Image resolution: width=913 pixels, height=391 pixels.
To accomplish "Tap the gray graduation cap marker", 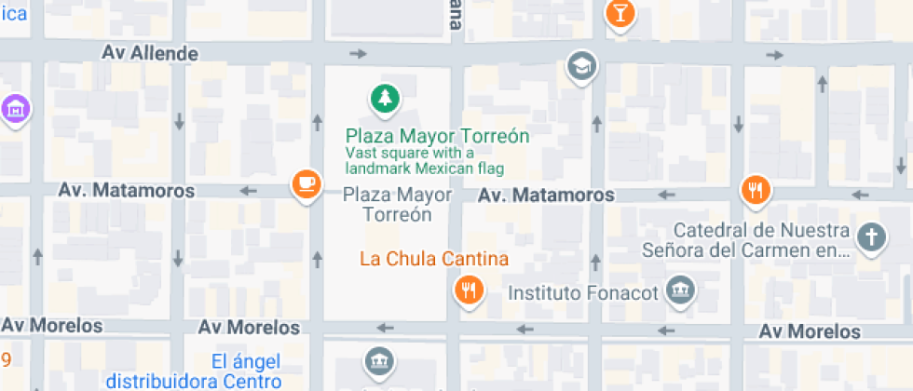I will (583, 66).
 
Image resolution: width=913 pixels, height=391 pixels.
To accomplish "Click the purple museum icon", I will (14, 108).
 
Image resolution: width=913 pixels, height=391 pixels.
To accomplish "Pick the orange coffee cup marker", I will (306, 182).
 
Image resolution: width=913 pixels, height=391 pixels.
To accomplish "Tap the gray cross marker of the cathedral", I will (871, 236).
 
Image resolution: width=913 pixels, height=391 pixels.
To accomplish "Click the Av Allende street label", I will (150, 53).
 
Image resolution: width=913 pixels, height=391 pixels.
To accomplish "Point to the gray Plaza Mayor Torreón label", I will (398, 205).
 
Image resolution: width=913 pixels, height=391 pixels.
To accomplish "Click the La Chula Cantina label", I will (434, 258).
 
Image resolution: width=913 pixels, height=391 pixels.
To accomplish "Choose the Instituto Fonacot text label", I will (582, 293).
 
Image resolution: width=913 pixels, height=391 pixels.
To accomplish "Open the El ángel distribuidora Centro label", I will (193, 371).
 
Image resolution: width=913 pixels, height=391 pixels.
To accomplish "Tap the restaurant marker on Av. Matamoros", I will (756, 191).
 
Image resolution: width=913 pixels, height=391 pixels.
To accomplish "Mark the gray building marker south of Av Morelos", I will (378, 362).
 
